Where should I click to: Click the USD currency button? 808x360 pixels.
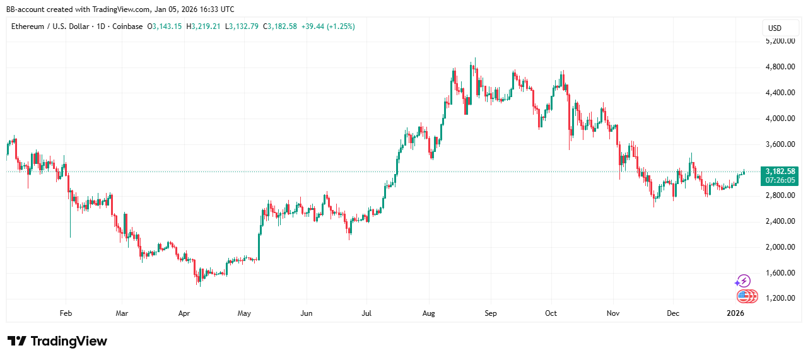tap(774, 28)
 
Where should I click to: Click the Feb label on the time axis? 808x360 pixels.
tap(65, 313)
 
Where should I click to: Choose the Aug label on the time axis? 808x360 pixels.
tap(429, 313)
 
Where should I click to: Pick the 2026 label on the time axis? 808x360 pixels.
tap(735, 313)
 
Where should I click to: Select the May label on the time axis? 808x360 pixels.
tap(245, 313)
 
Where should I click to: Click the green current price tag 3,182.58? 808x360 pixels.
tap(780, 171)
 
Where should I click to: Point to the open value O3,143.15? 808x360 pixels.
tap(165, 26)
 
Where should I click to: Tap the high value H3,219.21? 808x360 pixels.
tap(203, 26)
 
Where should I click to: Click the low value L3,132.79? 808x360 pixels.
tap(242, 26)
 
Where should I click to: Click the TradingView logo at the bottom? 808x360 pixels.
tap(57, 341)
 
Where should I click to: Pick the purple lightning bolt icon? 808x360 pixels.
tap(744, 281)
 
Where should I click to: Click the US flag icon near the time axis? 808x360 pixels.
tap(744, 296)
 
